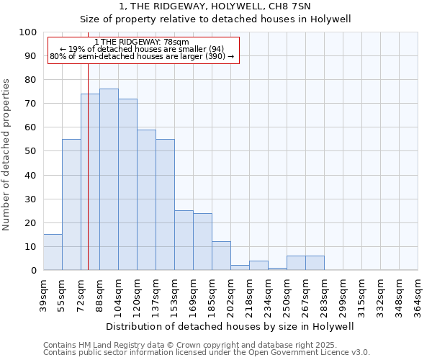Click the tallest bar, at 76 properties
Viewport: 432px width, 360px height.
[109, 179]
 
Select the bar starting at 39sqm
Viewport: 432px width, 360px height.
[53, 252]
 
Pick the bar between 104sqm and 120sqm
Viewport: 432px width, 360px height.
[127, 184]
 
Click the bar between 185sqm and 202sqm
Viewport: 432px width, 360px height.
[221, 256]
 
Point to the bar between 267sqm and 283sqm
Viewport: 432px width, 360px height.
[315, 263]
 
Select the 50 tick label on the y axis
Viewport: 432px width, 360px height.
[30, 151]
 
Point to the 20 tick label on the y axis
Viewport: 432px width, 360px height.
[30, 222]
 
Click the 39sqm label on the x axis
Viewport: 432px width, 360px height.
[43, 294]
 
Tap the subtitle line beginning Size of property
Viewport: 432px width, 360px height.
[215, 19]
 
